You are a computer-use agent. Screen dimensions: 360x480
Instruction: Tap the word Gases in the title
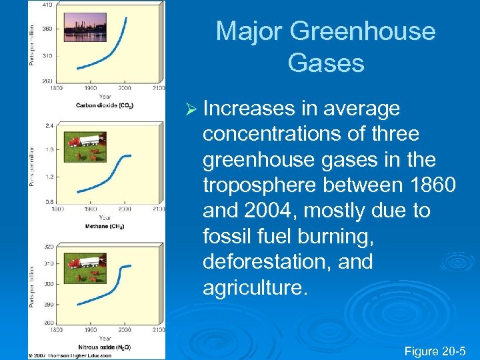point(326,63)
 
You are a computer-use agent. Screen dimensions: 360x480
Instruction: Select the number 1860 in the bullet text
point(422,185)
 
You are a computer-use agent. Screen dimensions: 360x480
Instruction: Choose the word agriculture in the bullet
point(254,287)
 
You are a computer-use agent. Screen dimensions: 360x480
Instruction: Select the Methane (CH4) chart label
point(105,226)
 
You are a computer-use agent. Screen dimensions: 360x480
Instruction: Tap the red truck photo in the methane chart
point(84,142)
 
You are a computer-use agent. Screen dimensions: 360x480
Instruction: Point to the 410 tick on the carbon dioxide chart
point(47,5)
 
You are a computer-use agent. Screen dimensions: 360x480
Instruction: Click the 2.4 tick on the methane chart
point(49,125)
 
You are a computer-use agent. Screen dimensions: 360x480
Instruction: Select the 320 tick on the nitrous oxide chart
point(48,247)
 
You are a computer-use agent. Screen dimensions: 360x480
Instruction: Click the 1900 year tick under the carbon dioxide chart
point(90,88)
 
